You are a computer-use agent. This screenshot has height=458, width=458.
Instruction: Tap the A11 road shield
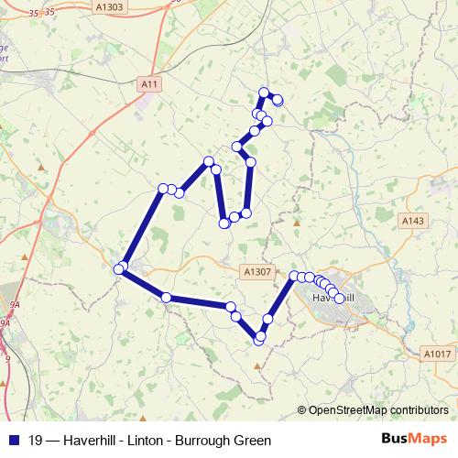[x=150, y=84]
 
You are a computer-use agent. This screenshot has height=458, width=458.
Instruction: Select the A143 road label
[x=414, y=221]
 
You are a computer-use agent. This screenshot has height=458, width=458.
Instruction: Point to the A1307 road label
[x=258, y=271]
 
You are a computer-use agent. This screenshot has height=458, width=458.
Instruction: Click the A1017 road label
[x=439, y=353]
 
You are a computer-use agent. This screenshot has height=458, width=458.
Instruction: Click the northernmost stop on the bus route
[x=265, y=93]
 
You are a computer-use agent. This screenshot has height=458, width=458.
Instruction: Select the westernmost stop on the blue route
[x=118, y=268]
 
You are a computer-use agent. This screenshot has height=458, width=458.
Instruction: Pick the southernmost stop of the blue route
[x=259, y=340]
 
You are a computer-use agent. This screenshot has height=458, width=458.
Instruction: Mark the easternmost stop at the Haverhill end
[x=339, y=299]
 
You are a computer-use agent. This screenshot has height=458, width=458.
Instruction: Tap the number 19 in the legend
[x=36, y=439]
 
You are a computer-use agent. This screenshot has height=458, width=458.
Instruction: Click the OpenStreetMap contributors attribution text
[x=377, y=409]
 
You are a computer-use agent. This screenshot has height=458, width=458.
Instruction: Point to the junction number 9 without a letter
[x=7, y=358]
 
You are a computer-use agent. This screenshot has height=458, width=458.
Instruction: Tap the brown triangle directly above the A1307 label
[x=296, y=223]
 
